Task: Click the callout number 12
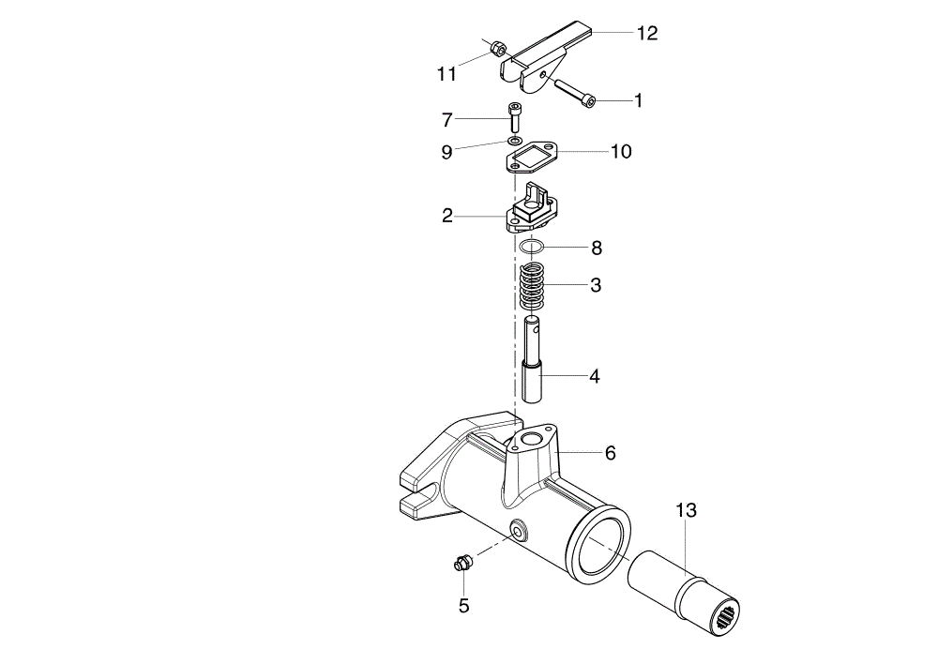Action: click(x=646, y=33)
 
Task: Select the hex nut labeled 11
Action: click(x=497, y=49)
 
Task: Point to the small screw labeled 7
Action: click(x=514, y=117)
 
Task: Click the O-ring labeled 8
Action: click(x=532, y=246)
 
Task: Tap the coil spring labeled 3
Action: click(x=532, y=287)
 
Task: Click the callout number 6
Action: click(x=611, y=453)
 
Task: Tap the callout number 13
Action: click(x=687, y=511)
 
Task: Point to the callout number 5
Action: click(x=464, y=606)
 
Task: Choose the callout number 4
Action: click(x=595, y=376)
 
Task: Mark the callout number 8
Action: click(x=597, y=248)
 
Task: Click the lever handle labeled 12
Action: click(x=546, y=57)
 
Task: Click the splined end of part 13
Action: click(x=726, y=615)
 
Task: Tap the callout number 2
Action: click(x=447, y=216)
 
